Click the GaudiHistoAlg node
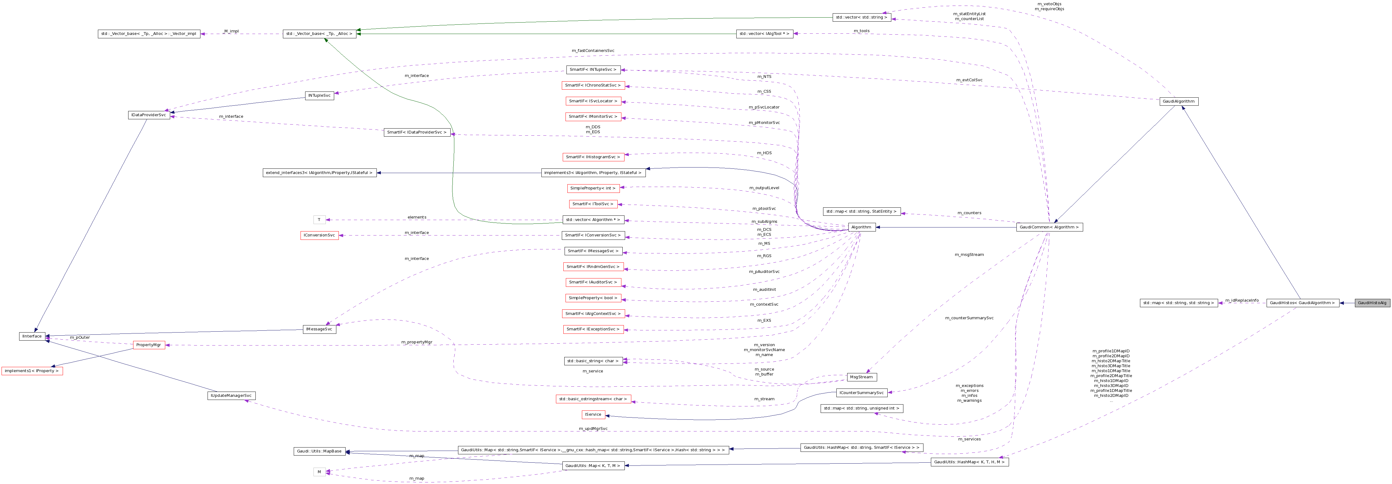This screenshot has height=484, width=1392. [1372, 303]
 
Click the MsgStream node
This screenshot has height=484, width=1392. [861, 377]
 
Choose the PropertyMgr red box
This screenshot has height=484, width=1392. [149, 345]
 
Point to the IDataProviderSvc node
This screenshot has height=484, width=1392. [149, 115]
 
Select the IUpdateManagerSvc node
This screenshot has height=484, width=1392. [231, 396]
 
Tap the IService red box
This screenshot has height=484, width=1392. [593, 415]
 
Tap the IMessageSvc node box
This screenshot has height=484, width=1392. [319, 329]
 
